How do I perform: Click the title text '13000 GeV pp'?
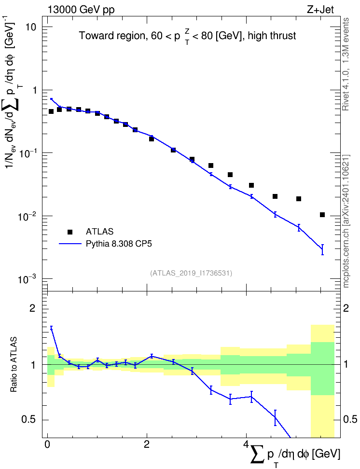click(81, 10)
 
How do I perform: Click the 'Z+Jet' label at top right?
click(320, 10)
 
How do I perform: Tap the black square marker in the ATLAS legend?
click(70, 232)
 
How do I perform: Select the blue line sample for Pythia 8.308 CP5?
click(70, 244)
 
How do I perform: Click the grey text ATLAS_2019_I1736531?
click(191, 273)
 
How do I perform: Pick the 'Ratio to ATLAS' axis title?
click(14, 364)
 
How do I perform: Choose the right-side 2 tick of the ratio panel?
click(346, 308)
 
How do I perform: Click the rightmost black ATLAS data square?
click(322, 215)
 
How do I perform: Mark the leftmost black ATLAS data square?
click(51, 111)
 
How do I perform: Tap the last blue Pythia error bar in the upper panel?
click(322, 250)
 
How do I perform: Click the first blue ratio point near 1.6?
click(51, 328)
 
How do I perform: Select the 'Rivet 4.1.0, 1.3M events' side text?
click(346, 64)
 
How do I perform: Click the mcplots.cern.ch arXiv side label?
click(346, 221)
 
